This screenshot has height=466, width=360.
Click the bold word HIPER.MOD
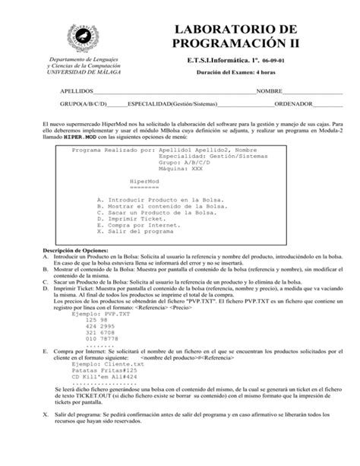pos(79,140)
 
